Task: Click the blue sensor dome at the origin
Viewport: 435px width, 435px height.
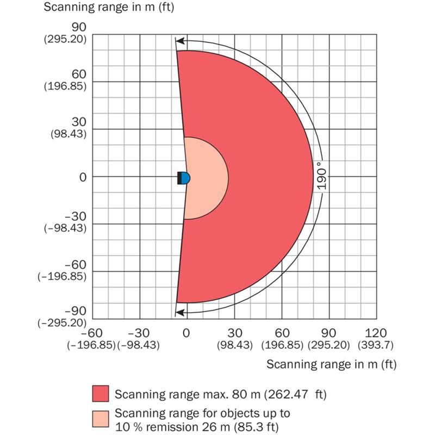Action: tap(186, 177)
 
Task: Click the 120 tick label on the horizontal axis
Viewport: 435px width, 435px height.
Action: tap(376, 333)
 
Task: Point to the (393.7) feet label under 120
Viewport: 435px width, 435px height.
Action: tap(376, 345)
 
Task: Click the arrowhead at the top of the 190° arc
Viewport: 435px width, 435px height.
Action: tap(179, 40)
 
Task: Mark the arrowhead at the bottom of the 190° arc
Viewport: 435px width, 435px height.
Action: tap(179, 312)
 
